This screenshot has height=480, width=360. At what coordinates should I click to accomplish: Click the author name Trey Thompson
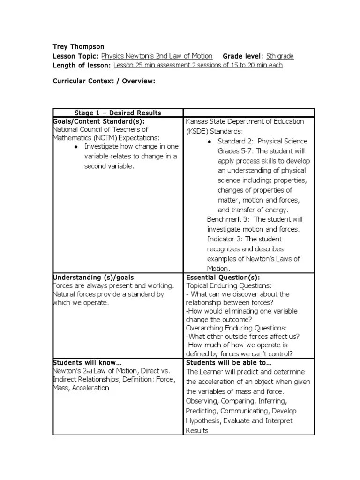point(78,47)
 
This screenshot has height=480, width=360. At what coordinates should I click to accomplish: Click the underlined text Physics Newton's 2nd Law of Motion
point(157,56)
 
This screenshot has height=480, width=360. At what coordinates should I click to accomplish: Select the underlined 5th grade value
point(280,56)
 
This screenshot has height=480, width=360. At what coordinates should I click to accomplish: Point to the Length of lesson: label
point(82,65)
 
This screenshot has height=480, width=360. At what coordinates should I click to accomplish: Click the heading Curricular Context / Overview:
point(104,81)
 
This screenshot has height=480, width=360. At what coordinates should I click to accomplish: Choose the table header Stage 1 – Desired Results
point(118,113)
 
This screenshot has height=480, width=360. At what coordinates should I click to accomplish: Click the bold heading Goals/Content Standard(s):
point(96,121)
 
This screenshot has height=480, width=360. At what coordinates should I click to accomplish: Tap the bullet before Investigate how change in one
point(76,147)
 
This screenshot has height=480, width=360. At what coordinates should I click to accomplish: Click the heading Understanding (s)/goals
point(94,277)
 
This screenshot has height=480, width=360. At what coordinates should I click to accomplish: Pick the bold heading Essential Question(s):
point(223,277)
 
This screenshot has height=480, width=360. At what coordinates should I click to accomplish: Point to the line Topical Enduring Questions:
point(229,285)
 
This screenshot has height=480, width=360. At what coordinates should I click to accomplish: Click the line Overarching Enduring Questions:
point(236,328)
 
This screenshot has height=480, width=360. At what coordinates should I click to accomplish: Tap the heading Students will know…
point(87,363)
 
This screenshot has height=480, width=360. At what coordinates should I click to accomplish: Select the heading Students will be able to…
point(229,363)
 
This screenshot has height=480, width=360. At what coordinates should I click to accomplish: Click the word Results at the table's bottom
point(197,430)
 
